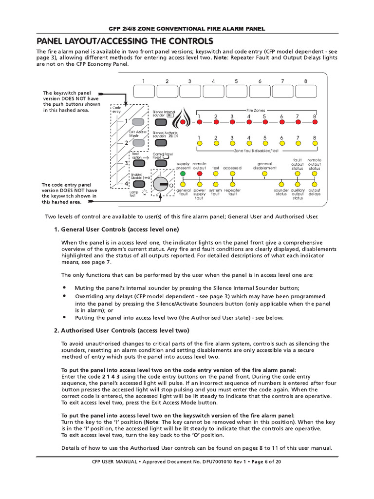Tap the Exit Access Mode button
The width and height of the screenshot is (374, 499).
pyautogui.click(x=138, y=143)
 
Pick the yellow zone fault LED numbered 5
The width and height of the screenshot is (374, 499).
pyautogui.click(x=265, y=144)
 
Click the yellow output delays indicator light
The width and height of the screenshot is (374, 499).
pyautogui.click(x=315, y=184)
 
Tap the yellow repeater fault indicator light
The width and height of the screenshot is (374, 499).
pyautogui.click(x=232, y=184)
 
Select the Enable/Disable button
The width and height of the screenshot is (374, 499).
pyautogui.click(x=138, y=183)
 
